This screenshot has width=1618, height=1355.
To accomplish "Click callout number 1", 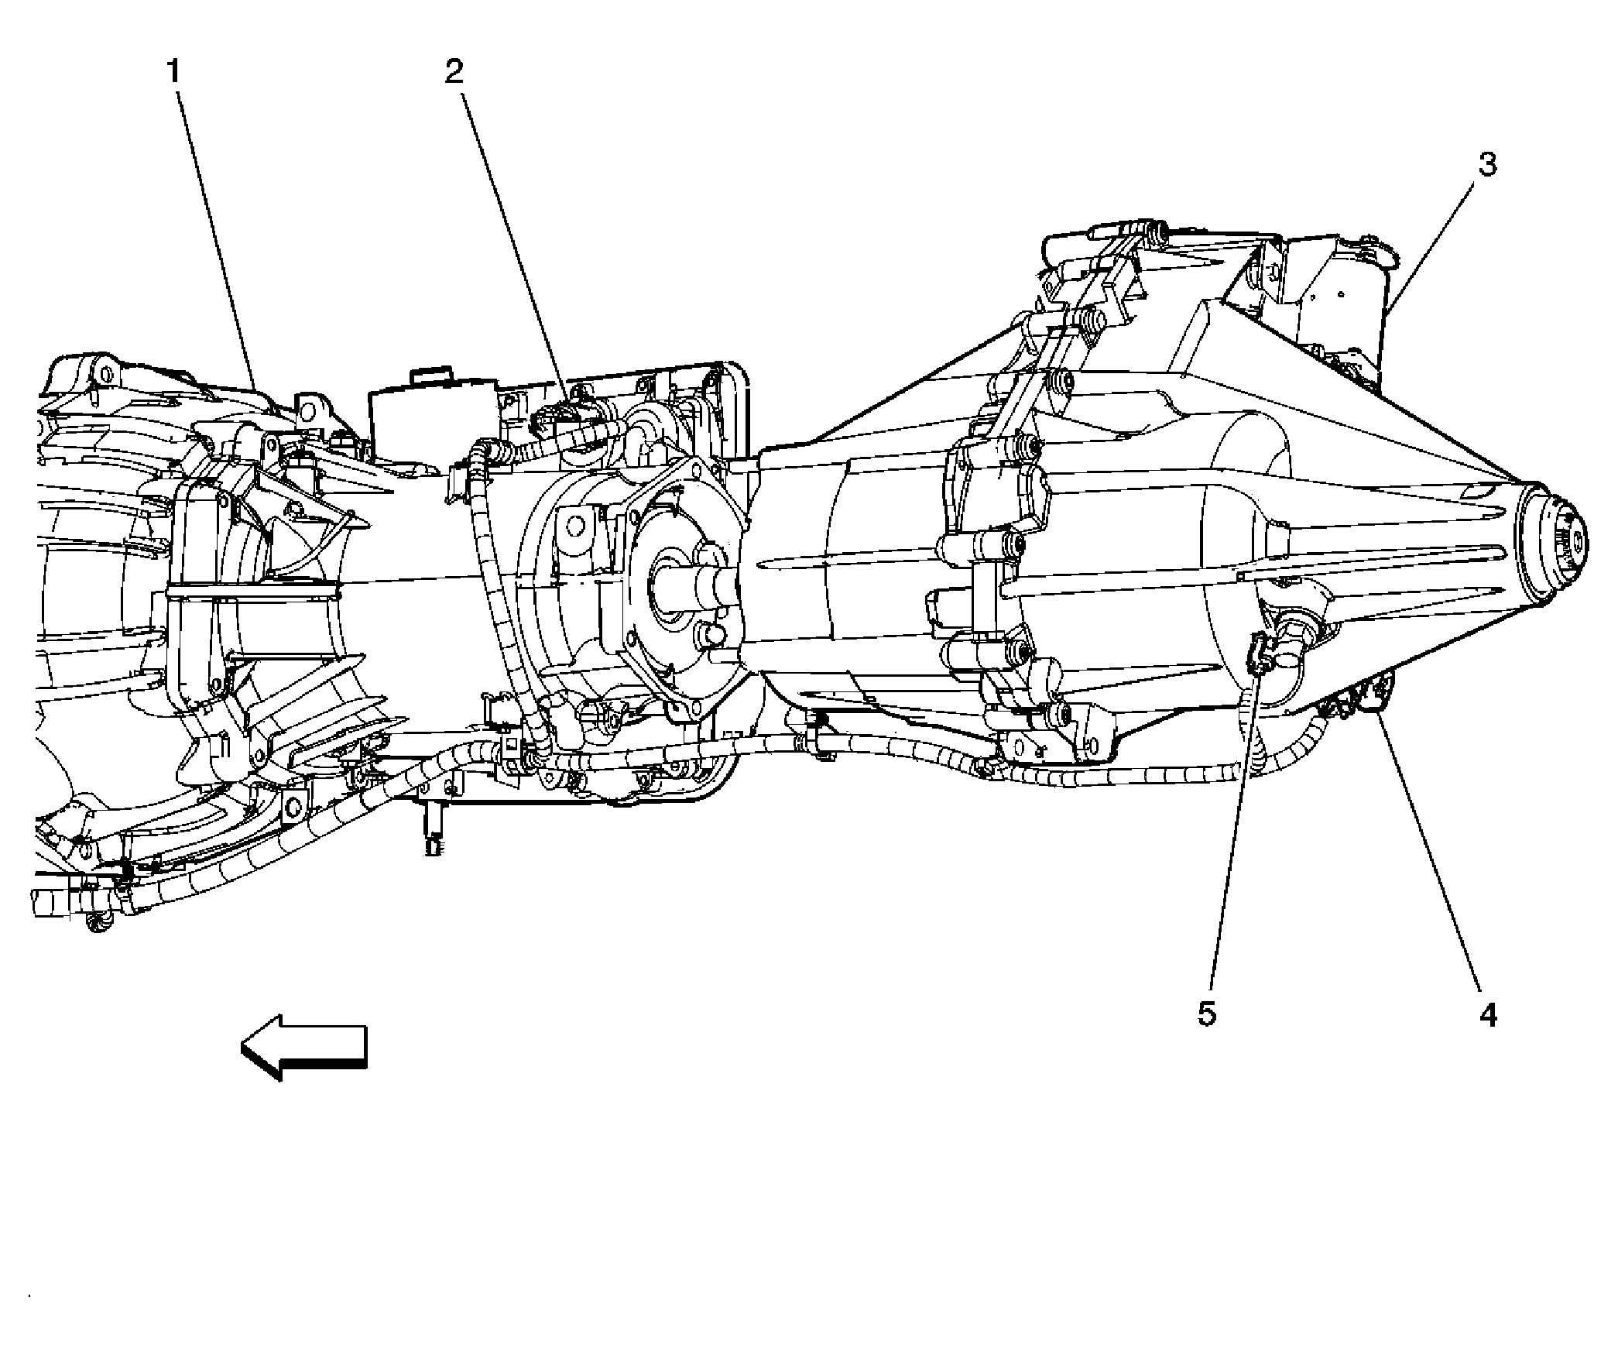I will coord(174,72).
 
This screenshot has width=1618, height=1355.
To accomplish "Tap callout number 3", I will coord(1487,165).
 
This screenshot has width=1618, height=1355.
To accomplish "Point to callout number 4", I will coord(1487,1014).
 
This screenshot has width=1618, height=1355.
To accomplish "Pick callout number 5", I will coord(1207,1014).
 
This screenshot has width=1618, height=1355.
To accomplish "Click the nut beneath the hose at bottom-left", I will coord(97,921).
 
